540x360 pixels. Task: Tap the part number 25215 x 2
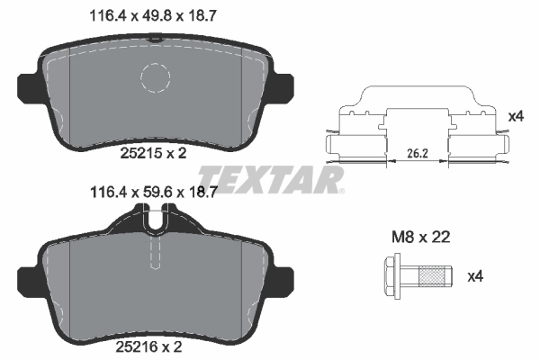click(153, 153)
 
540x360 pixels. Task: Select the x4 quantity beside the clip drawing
click(516, 116)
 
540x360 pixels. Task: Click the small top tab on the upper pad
click(157, 38)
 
